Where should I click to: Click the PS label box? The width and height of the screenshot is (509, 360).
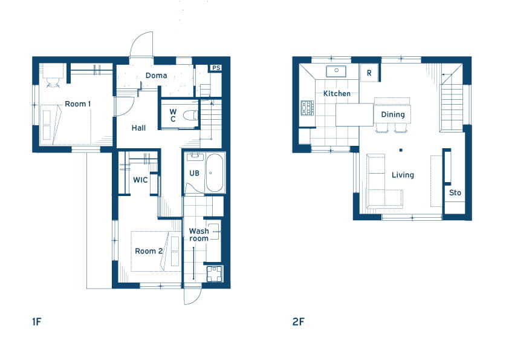(216, 68)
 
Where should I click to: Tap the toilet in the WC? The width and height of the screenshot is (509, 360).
(190, 115)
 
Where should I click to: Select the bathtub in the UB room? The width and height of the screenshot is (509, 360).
(215, 172)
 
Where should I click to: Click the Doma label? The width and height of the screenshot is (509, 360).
(156, 76)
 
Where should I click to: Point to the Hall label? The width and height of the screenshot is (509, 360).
(138, 128)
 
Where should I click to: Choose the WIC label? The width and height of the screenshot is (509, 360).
(140, 180)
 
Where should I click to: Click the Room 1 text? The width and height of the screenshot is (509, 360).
(78, 104)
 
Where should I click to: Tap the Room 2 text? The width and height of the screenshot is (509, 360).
(149, 251)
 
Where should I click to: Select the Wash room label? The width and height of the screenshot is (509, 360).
(199, 235)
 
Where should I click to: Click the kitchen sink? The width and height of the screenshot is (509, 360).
(336, 71)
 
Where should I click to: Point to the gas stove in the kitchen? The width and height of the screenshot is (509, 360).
(307, 108)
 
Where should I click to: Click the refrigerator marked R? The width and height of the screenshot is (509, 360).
(369, 73)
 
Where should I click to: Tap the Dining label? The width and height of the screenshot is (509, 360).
(393, 114)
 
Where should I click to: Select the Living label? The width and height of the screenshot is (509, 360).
(403, 175)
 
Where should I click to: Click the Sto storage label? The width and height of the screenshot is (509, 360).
(455, 192)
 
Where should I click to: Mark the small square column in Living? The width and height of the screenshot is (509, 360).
(401, 150)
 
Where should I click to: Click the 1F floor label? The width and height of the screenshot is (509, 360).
(37, 322)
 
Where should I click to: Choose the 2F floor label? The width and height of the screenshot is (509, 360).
(298, 322)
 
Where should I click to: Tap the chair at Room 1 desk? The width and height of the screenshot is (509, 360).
(53, 83)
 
